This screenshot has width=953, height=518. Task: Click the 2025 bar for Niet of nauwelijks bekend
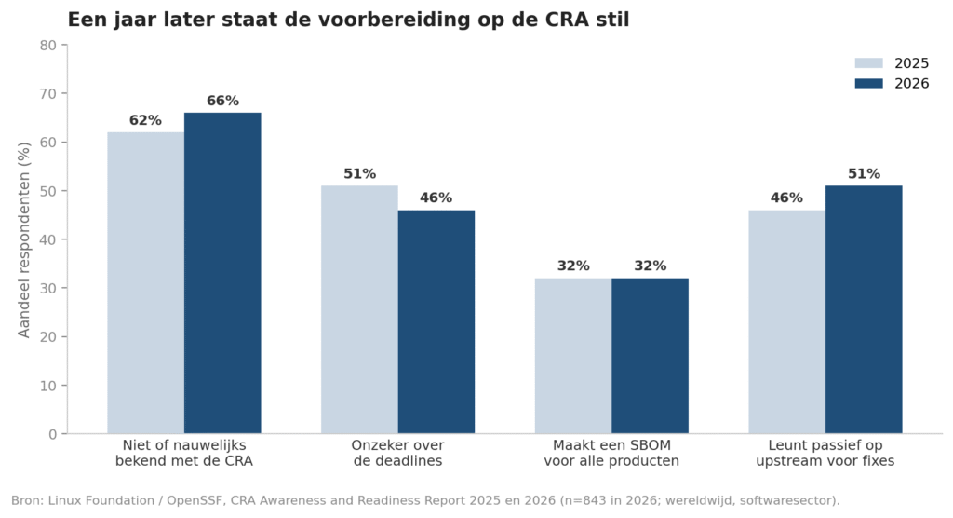point(146,283)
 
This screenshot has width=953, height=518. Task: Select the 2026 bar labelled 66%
point(222,273)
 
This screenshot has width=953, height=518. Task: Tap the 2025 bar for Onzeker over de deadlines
point(360,310)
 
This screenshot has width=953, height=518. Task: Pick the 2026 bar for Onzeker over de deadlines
point(436,322)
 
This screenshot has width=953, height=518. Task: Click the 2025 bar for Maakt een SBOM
point(573,356)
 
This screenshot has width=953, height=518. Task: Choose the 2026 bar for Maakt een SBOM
point(651,356)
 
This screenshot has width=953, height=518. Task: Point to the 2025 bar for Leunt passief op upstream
point(787,322)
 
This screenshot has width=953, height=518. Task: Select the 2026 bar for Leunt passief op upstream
point(864,310)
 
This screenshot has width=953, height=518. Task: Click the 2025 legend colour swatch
point(868,63)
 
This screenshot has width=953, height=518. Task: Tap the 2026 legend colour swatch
point(868,84)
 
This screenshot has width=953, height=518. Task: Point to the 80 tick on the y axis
point(64,45)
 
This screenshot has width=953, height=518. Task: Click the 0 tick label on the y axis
point(53,434)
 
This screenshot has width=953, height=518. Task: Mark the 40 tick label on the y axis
point(48,239)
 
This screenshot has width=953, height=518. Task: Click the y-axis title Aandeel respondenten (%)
point(23,239)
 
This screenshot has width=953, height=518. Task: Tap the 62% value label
point(145,120)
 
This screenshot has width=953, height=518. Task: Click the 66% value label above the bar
point(222,101)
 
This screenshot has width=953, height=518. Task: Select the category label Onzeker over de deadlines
point(398,454)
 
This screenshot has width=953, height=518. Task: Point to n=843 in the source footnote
point(584,501)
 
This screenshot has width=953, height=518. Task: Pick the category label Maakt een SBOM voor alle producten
point(611,454)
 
